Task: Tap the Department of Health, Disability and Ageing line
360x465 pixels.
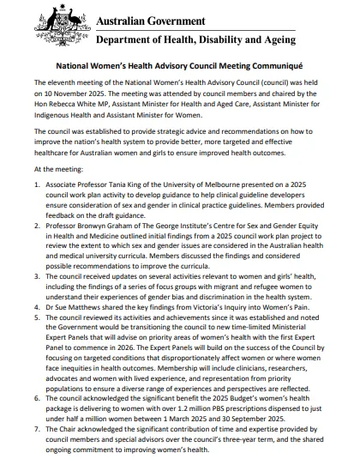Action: point(196,39)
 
